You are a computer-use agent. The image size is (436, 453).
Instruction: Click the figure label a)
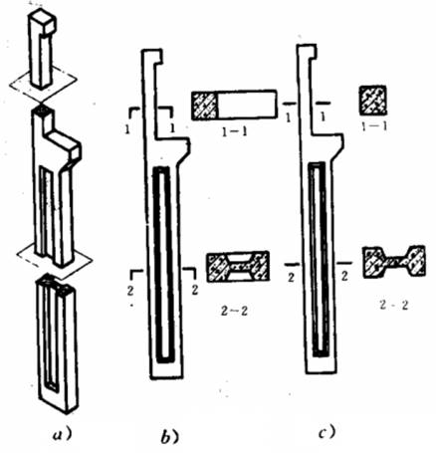tap(62, 434)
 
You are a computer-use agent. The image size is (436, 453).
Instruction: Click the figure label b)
tap(170, 437)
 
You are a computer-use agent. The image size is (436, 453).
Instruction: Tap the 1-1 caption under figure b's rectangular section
tap(235, 132)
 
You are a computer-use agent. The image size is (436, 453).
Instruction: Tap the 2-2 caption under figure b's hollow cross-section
tap(234, 311)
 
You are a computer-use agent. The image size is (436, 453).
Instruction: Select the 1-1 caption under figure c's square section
tap(373, 125)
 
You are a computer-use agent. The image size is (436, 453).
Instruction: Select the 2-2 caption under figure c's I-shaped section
tap(394, 306)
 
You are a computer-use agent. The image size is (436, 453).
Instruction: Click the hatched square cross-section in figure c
tap(373, 101)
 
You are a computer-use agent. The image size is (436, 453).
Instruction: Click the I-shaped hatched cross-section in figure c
tap(394, 261)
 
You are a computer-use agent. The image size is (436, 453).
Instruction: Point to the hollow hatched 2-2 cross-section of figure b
tap(238, 267)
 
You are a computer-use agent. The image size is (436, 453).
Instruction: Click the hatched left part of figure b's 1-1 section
tap(205, 105)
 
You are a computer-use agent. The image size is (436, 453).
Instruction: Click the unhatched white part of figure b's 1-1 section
tap(247, 104)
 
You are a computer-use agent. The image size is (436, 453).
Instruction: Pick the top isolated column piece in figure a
tap(43, 49)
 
